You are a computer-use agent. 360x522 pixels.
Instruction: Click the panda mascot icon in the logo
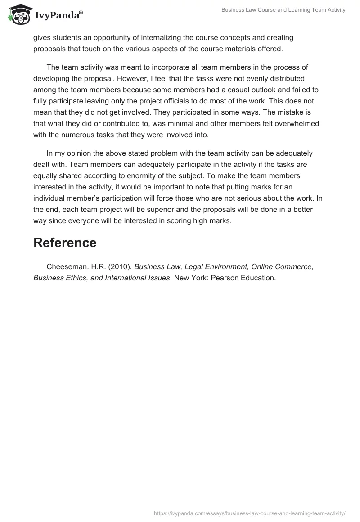(x=18, y=15)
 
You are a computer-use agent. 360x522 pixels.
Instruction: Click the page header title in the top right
(x=283, y=10)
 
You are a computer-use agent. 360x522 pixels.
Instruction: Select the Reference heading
(x=65, y=243)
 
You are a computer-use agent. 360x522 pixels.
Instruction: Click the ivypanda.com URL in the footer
(x=250, y=513)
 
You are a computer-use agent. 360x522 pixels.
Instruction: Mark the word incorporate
(x=160, y=67)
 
